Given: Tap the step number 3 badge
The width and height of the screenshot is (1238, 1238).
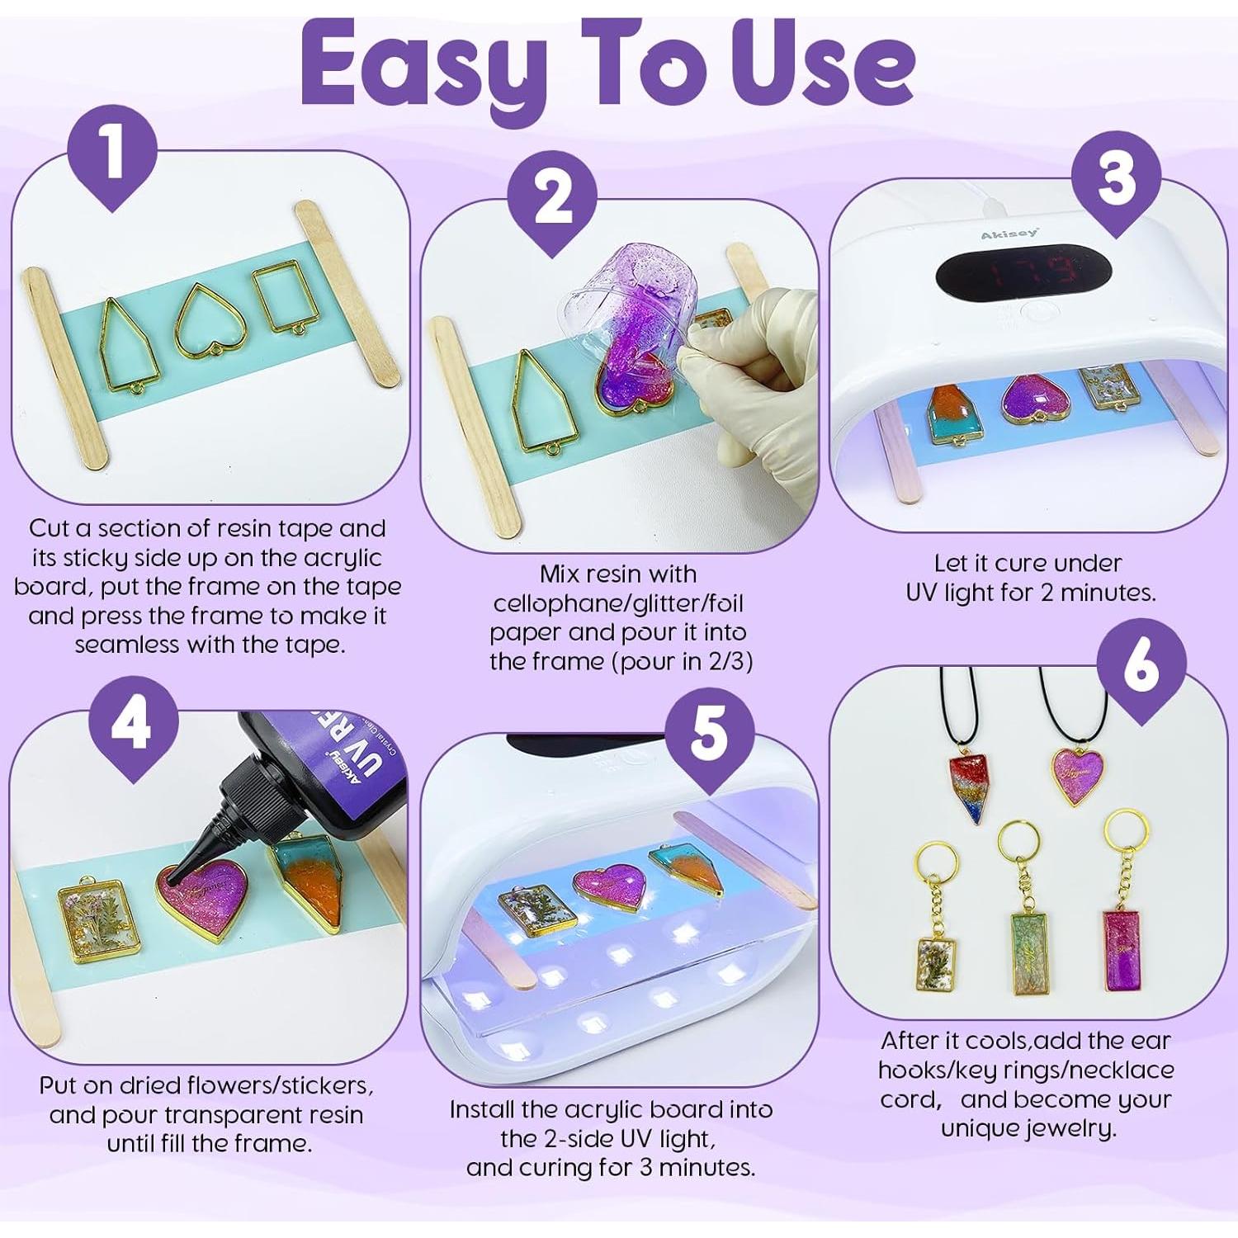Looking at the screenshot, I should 1116,180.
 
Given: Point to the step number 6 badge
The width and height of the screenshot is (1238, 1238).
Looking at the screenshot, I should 1141,666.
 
